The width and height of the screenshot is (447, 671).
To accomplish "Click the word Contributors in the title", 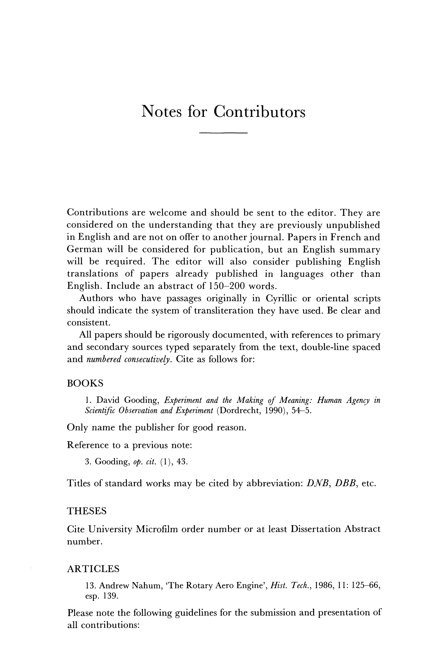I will (x=260, y=112).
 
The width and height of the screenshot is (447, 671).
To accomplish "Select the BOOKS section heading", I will (x=85, y=383).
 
